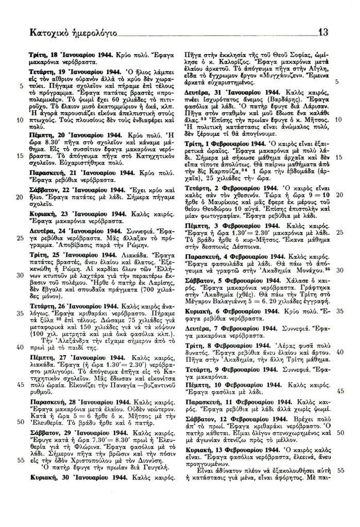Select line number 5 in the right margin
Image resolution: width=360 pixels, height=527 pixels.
click(x=337, y=82)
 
